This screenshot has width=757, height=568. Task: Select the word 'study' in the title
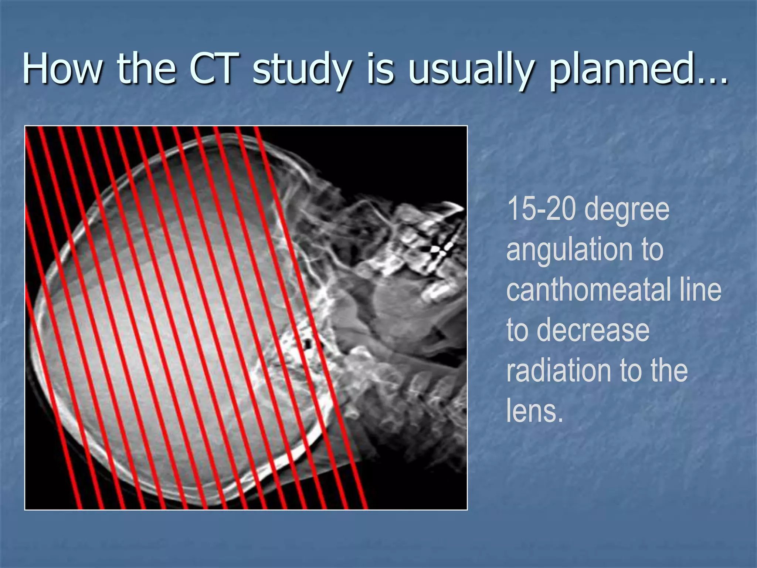(x=301, y=70)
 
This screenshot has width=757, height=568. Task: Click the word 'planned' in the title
(x=620, y=70)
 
